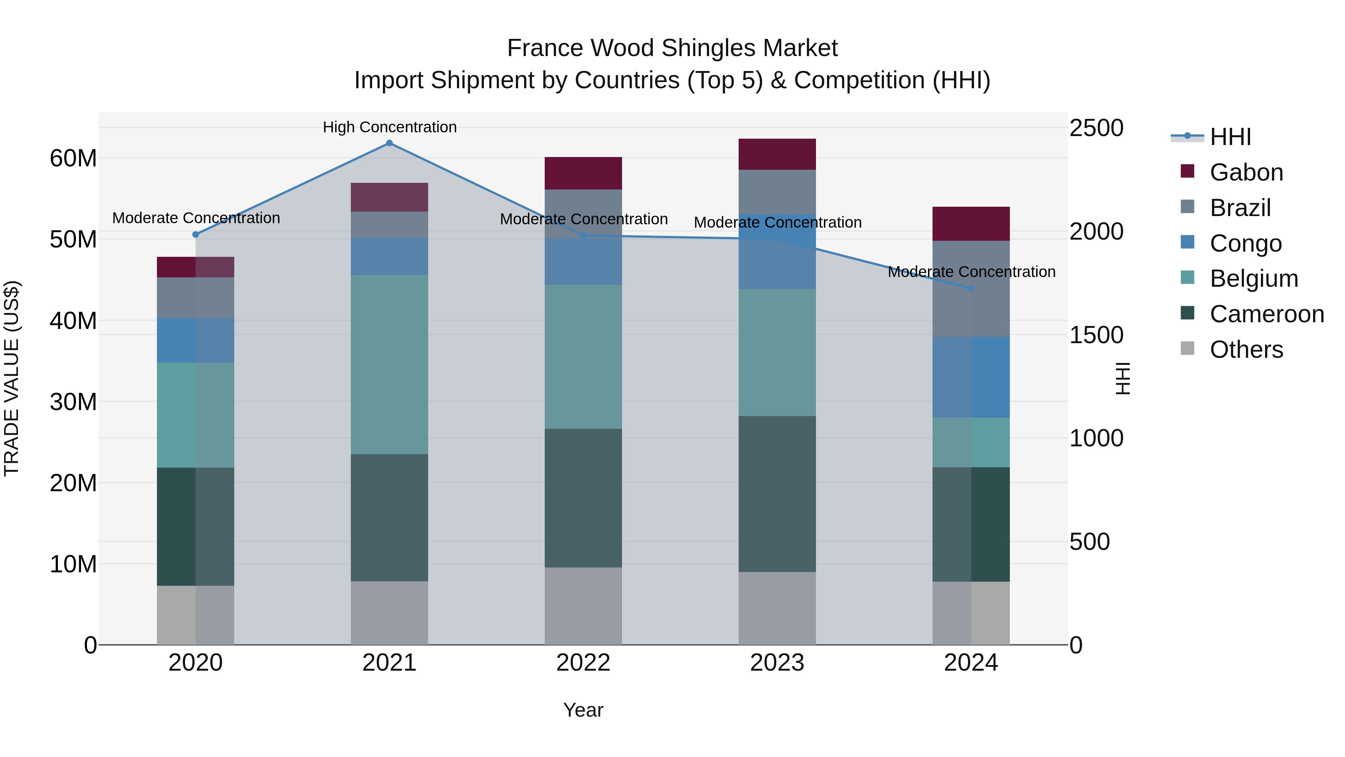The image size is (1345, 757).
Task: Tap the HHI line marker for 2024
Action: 971,288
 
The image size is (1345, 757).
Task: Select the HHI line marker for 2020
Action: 196,234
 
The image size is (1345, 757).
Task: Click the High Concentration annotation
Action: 390,127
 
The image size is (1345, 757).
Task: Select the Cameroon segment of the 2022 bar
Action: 583,498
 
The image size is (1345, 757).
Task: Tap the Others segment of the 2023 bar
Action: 777,608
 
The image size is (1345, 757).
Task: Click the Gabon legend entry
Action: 1246,172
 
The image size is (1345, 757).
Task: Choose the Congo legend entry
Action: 1245,243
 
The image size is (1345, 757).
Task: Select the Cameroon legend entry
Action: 1266,314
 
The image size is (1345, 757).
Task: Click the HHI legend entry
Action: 1230,137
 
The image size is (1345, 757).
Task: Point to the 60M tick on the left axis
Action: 73,158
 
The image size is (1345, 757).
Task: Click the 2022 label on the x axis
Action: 583,663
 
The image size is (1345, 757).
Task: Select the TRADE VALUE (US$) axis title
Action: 12,378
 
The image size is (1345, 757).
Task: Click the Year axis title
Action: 583,710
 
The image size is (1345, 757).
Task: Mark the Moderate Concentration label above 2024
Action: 971,272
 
